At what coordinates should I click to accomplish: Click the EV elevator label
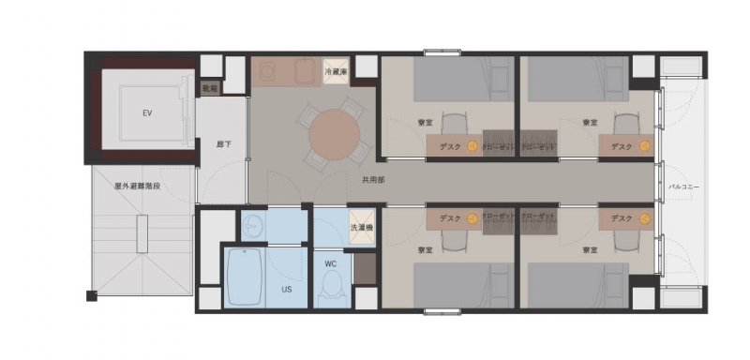pos(147,113)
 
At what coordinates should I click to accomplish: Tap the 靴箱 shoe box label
pos(210,88)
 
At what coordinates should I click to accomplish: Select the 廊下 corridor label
pos(223,144)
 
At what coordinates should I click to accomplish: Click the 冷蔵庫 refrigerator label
pos(337,71)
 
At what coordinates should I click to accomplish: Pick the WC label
pos(331,264)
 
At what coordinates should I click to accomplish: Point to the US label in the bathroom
pos(287,290)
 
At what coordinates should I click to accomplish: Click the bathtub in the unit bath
pos(245,277)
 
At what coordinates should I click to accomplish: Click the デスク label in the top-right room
pos(621,146)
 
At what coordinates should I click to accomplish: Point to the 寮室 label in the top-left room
pos(426,123)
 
